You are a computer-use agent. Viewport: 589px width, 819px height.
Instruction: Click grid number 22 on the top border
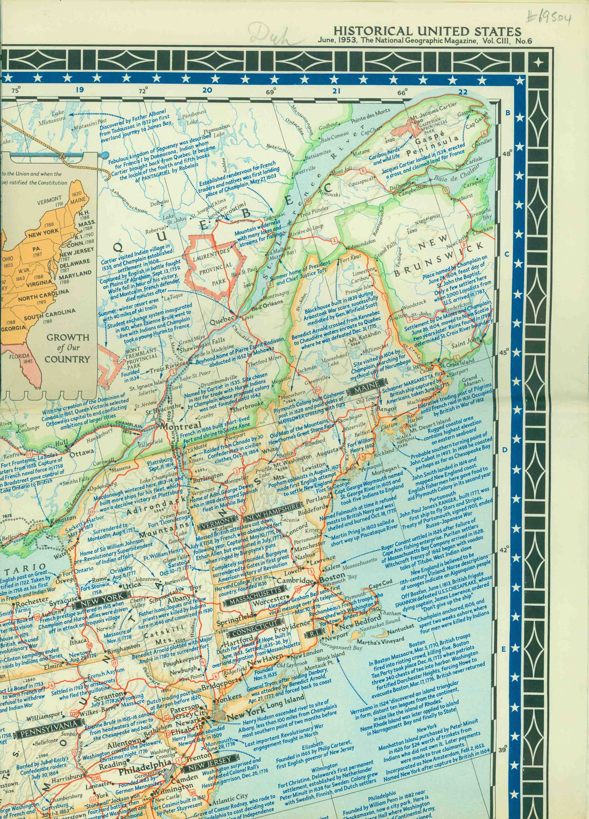click(463, 92)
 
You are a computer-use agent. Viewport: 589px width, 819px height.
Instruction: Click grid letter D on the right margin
click(506, 450)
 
